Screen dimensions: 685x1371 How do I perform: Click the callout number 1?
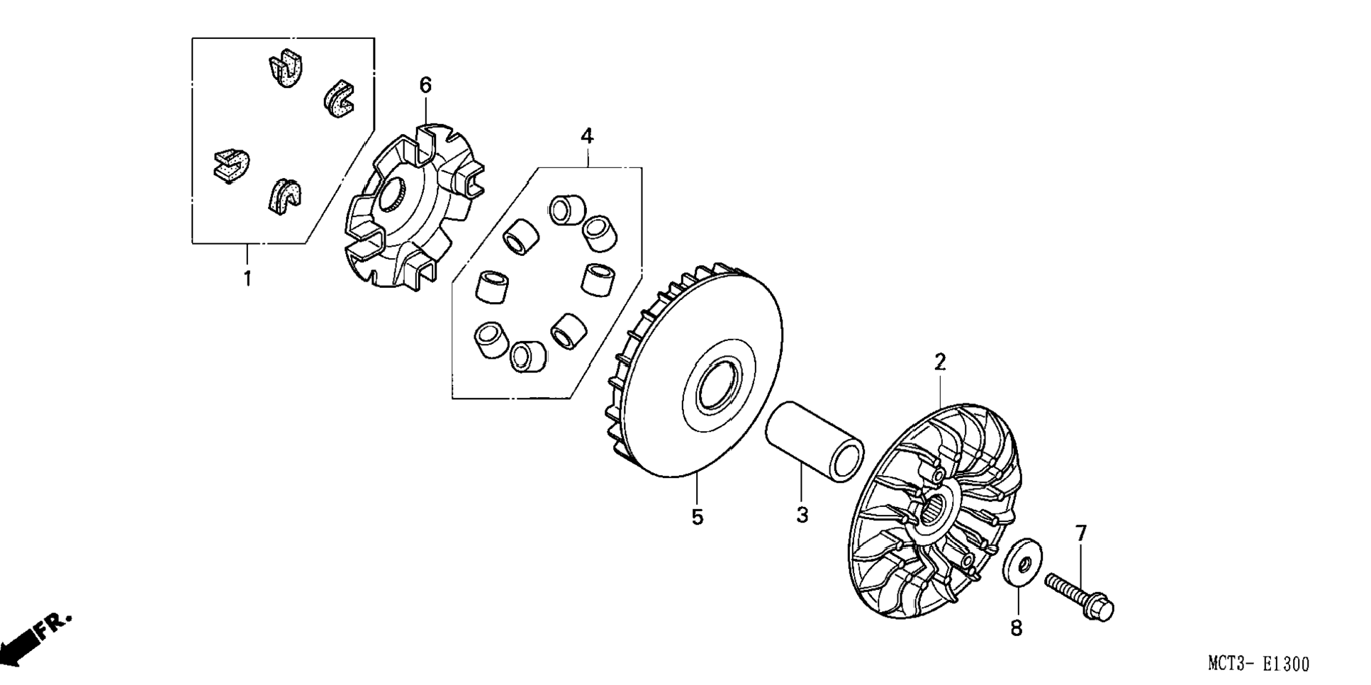coord(247,279)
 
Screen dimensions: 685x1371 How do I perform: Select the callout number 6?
coord(425,86)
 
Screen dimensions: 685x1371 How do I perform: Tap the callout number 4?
coord(587,135)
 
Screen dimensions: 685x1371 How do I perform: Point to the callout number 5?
coord(698,518)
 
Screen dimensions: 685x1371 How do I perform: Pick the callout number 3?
coord(802,515)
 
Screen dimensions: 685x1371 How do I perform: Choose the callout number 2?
coord(940,362)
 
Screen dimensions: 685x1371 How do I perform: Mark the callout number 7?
coord(1081,533)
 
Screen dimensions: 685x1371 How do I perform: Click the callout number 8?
coord(1017,628)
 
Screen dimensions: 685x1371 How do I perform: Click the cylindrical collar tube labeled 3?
coord(815,440)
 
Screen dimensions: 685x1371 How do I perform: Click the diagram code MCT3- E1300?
coord(1258,664)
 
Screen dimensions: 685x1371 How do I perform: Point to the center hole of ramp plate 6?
coord(393,194)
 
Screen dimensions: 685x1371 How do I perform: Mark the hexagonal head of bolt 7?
coord(1099,607)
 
